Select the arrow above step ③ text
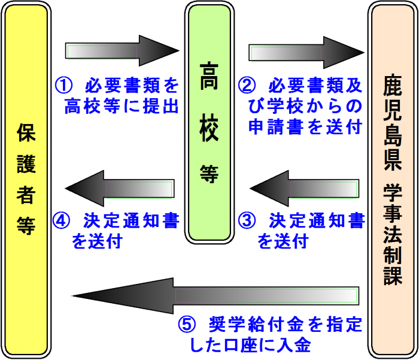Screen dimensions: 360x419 tap(306, 190)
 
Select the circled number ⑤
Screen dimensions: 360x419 tap(187, 325)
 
